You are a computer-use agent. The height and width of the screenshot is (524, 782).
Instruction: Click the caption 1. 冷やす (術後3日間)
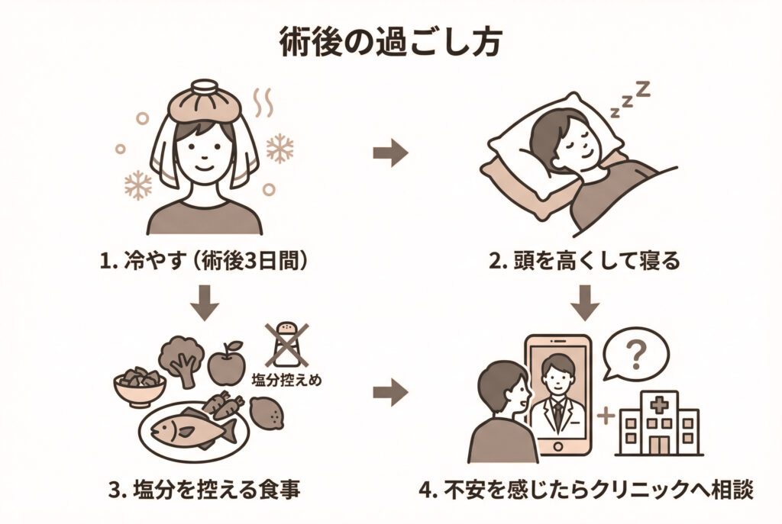click(x=205, y=262)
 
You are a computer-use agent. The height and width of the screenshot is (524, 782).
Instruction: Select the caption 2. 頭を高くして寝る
click(x=584, y=262)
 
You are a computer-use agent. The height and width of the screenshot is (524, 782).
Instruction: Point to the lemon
click(x=267, y=416)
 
